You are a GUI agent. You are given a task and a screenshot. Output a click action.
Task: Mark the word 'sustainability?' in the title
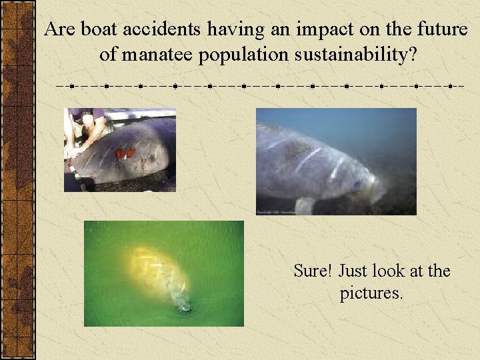pos(355,55)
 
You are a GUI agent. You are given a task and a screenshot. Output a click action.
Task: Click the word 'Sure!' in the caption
pos(313,271)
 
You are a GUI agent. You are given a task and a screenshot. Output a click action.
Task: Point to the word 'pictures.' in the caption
pos(371,293)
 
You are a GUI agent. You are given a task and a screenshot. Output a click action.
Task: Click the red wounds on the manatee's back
pos(125,153)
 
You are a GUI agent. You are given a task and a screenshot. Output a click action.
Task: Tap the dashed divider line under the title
pos(260,86)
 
